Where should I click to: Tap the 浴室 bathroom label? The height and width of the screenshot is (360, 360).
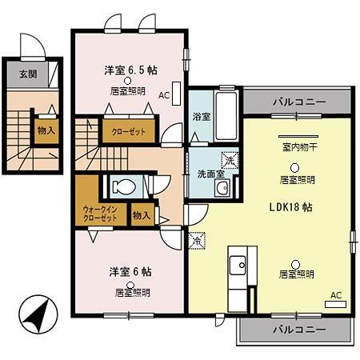click(200, 117)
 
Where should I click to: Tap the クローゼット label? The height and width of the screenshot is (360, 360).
click(128, 131)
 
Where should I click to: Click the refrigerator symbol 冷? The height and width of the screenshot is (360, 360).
click(196, 238)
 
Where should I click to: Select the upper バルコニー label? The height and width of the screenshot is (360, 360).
click(298, 103)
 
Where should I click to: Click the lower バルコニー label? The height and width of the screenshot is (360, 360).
click(298, 329)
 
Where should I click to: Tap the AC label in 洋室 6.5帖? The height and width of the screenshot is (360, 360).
click(163, 95)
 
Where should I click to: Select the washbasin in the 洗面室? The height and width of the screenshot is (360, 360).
click(223, 189)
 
